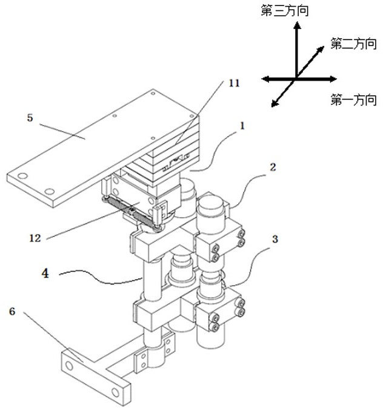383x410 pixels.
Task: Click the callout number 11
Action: click(234, 84)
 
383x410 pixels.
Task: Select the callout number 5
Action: click(30, 118)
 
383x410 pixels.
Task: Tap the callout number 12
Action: click(35, 238)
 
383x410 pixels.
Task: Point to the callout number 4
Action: click(45, 274)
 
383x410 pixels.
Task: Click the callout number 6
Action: click(12, 312)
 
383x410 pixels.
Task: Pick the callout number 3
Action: click(275, 239)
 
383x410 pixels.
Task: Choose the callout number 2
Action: click(273, 167)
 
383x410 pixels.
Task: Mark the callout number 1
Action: click(242, 126)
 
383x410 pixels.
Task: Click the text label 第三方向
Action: click(285, 12)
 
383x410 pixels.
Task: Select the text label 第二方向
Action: click(353, 44)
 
